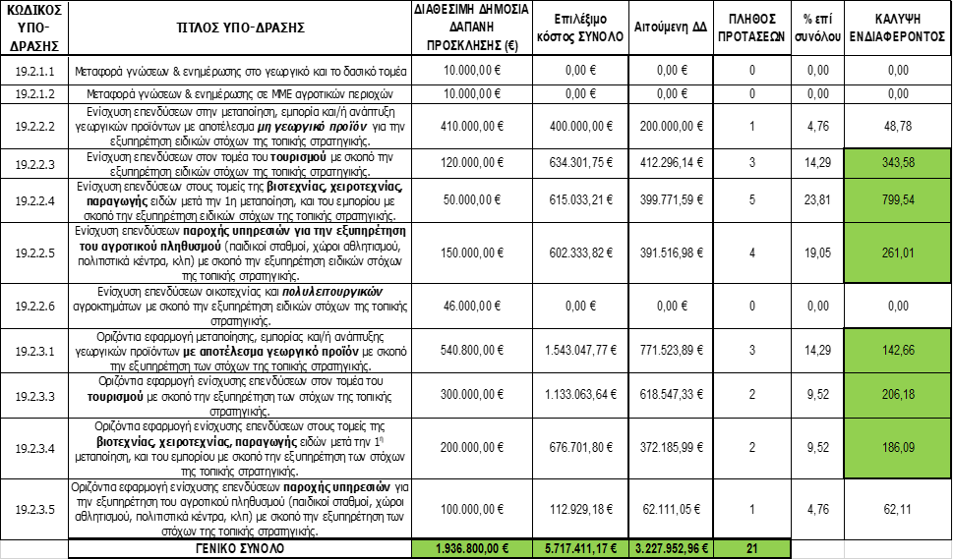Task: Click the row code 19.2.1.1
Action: (x=34, y=72)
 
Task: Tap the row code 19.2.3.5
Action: (x=34, y=509)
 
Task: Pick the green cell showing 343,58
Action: (x=896, y=162)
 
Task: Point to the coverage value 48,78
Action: (x=896, y=126)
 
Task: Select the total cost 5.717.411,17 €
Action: (x=575, y=548)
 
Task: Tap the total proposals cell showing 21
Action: (x=751, y=548)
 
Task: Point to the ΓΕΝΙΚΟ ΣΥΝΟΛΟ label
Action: (x=240, y=548)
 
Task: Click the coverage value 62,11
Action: (x=896, y=509)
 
